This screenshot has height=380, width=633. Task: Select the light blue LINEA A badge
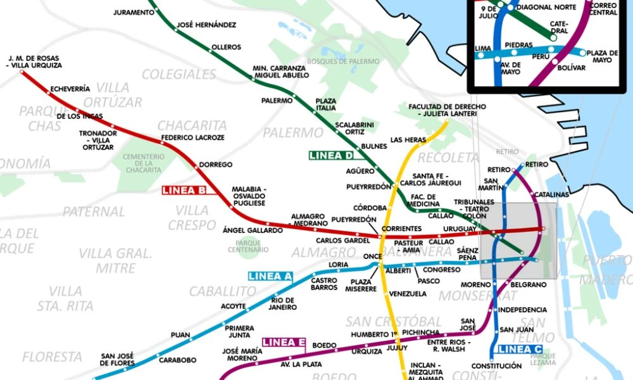(270, 276)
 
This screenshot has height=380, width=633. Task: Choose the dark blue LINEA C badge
(518, 349)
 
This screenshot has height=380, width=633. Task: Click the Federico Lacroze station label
(184, 137)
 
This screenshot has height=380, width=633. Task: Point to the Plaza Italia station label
(326, 105)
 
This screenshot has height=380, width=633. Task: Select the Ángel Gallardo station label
(253, 231)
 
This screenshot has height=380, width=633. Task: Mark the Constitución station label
(497, 366)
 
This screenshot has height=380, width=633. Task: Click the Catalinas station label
(551, 194)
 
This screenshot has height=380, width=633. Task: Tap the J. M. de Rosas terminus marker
(23, 72)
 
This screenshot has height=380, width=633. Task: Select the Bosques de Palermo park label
(343, 61)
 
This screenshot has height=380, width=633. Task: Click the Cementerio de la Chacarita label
(142, 163)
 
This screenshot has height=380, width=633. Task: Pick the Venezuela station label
(408, 294)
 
